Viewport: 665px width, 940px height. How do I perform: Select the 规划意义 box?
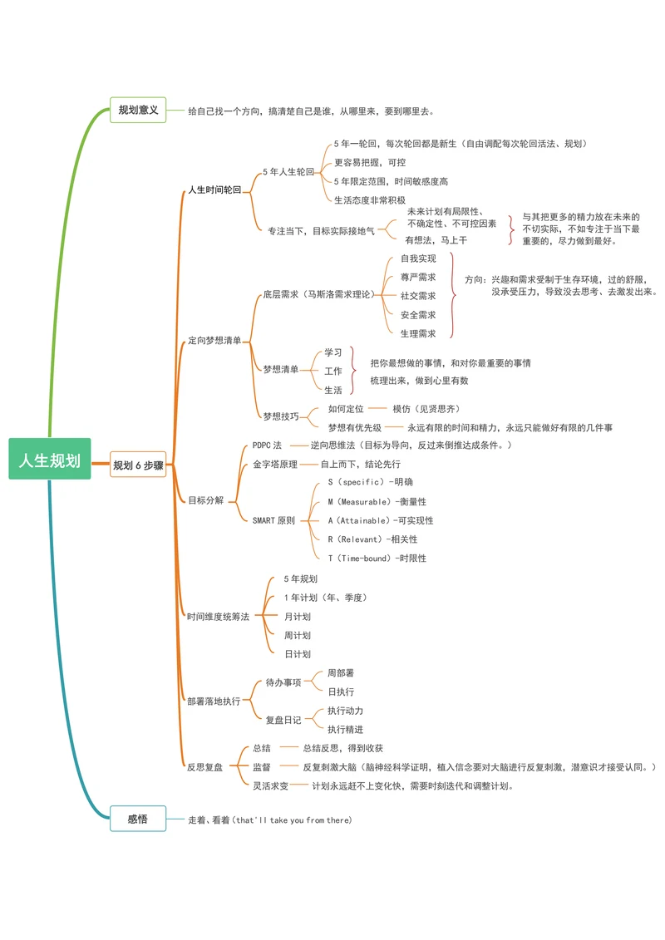(x=138, y=110)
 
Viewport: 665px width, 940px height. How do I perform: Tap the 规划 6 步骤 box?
(x=138, y=465)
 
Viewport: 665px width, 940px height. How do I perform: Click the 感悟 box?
(x=138, y=819)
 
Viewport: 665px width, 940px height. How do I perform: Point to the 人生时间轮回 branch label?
(x=214, y=189)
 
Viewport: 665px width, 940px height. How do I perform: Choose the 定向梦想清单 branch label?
(x=214, y=340)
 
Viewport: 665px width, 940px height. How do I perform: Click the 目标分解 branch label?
(x=205, y=500)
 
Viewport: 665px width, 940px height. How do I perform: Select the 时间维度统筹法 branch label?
(x=218, y=616)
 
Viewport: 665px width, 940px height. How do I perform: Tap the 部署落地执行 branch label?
(x=214, y=701)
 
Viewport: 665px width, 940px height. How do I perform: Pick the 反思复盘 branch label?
(x=204, y=767)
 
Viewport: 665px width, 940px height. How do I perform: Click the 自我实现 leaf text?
(x=417, y=258)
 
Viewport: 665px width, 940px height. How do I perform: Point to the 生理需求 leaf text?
(x=417, y=333)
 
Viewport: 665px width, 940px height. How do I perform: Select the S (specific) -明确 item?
(x=370, y=482)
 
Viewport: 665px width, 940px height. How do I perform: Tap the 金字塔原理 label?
(x=275, y=464)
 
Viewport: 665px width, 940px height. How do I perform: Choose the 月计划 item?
(x=298, y=617)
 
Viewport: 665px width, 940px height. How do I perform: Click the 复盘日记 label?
(x=283, y=720)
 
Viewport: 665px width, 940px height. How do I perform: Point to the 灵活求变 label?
(x=270, y=785)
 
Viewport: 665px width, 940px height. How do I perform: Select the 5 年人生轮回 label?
(x=288, y=172)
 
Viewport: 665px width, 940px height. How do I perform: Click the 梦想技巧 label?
(x=280, y=416)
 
